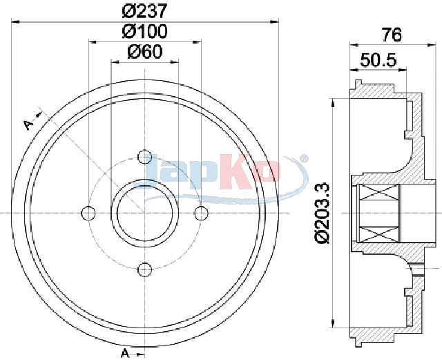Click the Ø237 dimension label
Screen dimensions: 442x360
[x=144, y=11]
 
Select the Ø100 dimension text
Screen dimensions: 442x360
[x=144, y=31]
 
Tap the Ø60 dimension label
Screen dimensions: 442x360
[x=145, y=52]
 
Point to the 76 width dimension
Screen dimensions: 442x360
[x=392, y=35]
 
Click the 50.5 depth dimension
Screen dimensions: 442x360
[x=378, y=60]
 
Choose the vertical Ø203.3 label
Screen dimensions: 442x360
[x=322, y=212]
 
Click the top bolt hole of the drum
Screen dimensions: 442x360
[x=144, y=157]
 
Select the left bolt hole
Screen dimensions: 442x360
[x=88, y=213]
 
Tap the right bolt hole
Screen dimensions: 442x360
[x=201, y=213]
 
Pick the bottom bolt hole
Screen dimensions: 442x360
[x=144, y=269]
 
